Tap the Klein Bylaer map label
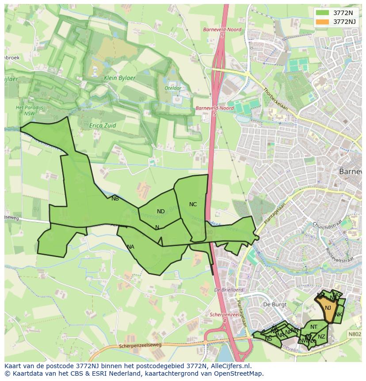(x=120, y=78)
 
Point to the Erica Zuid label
(x=103, y=126)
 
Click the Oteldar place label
(x=173, y=88)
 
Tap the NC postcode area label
(x=193, y=204)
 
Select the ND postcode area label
(x=160, y=212)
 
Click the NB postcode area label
(x=115, y=199)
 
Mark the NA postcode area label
(x=130, y=247)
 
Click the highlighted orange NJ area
(x=328, y=308)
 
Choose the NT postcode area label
(x=314, y=327)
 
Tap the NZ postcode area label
(x=321, y=337)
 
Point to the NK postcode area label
(x=338, y=315)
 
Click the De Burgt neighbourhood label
(x=273, y=305)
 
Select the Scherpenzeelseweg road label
(x=141, y=346)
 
